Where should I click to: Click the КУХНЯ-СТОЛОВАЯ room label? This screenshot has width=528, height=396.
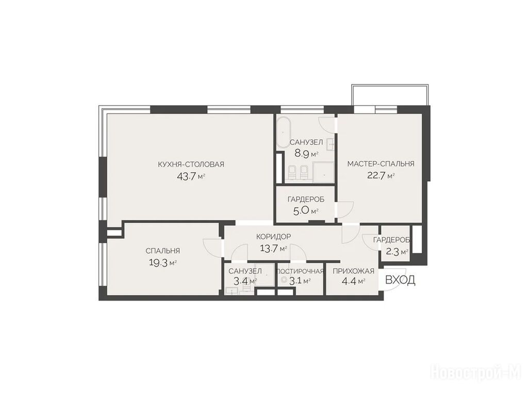point(191,164)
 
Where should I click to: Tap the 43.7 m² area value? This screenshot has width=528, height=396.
point(191,176)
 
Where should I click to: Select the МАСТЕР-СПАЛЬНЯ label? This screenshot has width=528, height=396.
point(381,164)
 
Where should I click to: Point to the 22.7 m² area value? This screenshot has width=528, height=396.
point(381,176)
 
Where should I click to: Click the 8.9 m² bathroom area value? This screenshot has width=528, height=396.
point(306,154)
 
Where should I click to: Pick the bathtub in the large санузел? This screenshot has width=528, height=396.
point(284,133)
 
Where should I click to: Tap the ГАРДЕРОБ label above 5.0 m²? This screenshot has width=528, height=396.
point(306,200)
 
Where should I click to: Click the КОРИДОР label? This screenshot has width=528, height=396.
point(273,237)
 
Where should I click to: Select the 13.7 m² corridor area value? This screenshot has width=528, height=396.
point(273,249)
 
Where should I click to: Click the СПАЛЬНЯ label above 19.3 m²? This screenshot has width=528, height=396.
point(162,251)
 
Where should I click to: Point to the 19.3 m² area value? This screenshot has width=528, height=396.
point(162,263)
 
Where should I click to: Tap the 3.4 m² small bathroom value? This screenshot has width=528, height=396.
point(243,281)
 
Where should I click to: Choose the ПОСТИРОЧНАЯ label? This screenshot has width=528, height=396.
point(300,271)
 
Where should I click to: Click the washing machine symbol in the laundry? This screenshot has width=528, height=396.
point(284,279)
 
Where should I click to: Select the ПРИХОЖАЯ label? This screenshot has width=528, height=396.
point(353,271)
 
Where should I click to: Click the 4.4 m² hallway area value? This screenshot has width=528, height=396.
point(353,281)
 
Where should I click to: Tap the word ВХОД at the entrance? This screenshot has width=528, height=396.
point(400,280)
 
